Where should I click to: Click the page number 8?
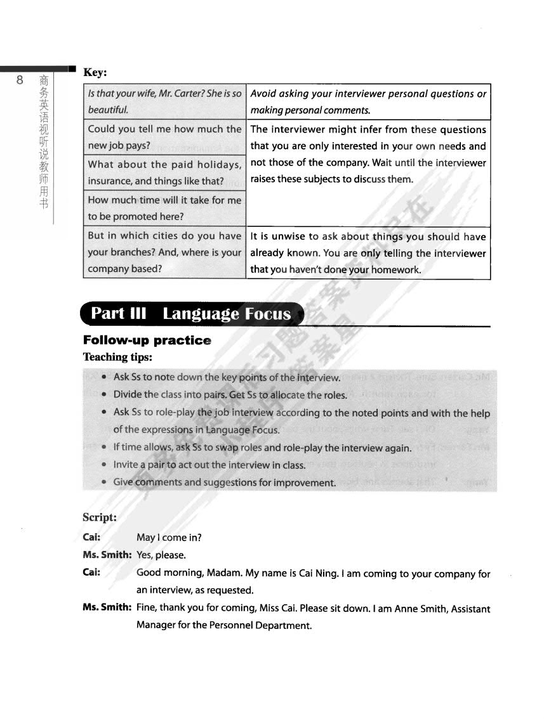(x=20, y=80)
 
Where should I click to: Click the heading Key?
(x=95, y=72)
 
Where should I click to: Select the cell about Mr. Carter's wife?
(x=164, y=101)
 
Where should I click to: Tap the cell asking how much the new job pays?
(x=164, y=137)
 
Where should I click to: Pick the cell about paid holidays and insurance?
(x=164, y=172)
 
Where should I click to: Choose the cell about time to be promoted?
(x=164, y=208)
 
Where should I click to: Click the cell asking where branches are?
(x=164, y=252)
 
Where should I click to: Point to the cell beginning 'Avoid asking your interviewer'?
(x=368, y=101)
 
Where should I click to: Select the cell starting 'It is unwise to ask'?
(x=368, y=252)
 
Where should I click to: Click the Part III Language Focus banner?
(x=191, y=314)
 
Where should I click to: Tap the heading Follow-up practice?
(x=147, y=340)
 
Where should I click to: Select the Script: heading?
(x=100, y=517)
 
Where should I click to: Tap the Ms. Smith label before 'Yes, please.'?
(x=107, y=555)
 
